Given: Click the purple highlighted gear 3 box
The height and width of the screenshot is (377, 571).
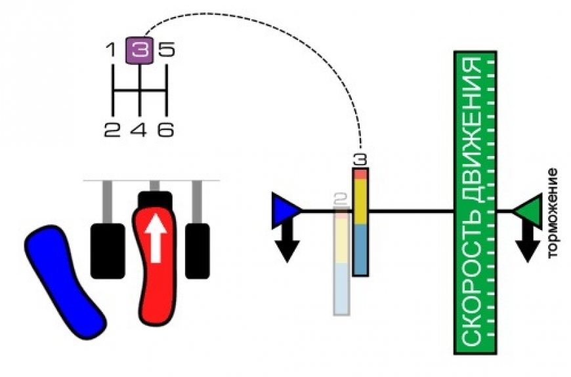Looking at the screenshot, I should pos(140,50).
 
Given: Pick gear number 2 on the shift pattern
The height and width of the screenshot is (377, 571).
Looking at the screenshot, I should pos(112,129).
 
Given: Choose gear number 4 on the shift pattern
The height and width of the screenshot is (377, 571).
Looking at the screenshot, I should pos(139,129).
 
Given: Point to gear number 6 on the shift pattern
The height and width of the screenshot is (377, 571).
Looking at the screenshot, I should pos(166,129).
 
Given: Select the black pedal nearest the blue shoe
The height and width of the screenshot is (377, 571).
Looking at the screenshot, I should pos(108,250).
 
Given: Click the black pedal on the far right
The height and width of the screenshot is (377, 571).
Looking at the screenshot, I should pos(197,250).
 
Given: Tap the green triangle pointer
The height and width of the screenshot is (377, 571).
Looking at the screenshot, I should pos(528,211).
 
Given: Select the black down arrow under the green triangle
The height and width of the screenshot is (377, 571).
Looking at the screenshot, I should pos(527,243).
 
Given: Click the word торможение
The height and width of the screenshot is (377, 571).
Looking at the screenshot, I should pos(553,213).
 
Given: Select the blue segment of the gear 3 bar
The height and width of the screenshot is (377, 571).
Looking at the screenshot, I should pos(360,249).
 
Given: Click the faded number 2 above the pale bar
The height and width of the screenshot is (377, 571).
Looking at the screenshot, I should pos(340,198).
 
